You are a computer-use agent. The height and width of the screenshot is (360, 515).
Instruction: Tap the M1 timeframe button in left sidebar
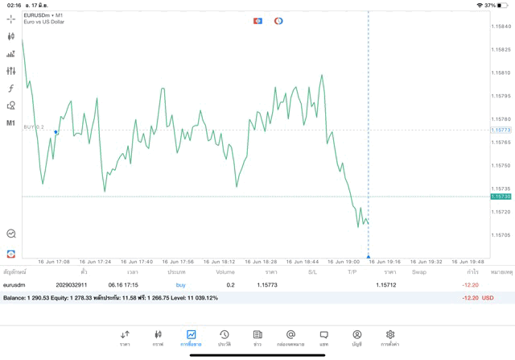coord(11,123)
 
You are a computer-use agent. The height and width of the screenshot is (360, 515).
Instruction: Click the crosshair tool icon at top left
coord(11,18)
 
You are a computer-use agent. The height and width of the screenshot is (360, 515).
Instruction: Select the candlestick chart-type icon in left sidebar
coord(11,36)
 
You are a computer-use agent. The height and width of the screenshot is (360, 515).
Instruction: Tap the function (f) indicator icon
coord(11,89)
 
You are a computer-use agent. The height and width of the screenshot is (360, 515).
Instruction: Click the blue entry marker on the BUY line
coord(56,131)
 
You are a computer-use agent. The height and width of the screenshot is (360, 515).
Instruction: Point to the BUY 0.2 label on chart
coord(34,127)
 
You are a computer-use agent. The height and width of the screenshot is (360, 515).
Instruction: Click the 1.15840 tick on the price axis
coord(501,27)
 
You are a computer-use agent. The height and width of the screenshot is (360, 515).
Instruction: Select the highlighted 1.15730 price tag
coord(501,197)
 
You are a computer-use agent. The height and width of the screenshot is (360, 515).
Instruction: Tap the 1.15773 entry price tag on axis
coord(501,130)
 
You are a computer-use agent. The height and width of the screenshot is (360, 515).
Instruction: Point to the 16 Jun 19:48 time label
coord(468,261)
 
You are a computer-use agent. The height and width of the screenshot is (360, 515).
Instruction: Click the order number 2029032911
coord(72,285)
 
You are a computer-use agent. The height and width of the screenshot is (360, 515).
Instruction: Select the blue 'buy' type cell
coord(180,285)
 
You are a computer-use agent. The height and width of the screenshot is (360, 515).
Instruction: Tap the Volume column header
coord(225,272)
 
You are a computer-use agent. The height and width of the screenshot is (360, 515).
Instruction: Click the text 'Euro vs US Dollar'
coord(45,22)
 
